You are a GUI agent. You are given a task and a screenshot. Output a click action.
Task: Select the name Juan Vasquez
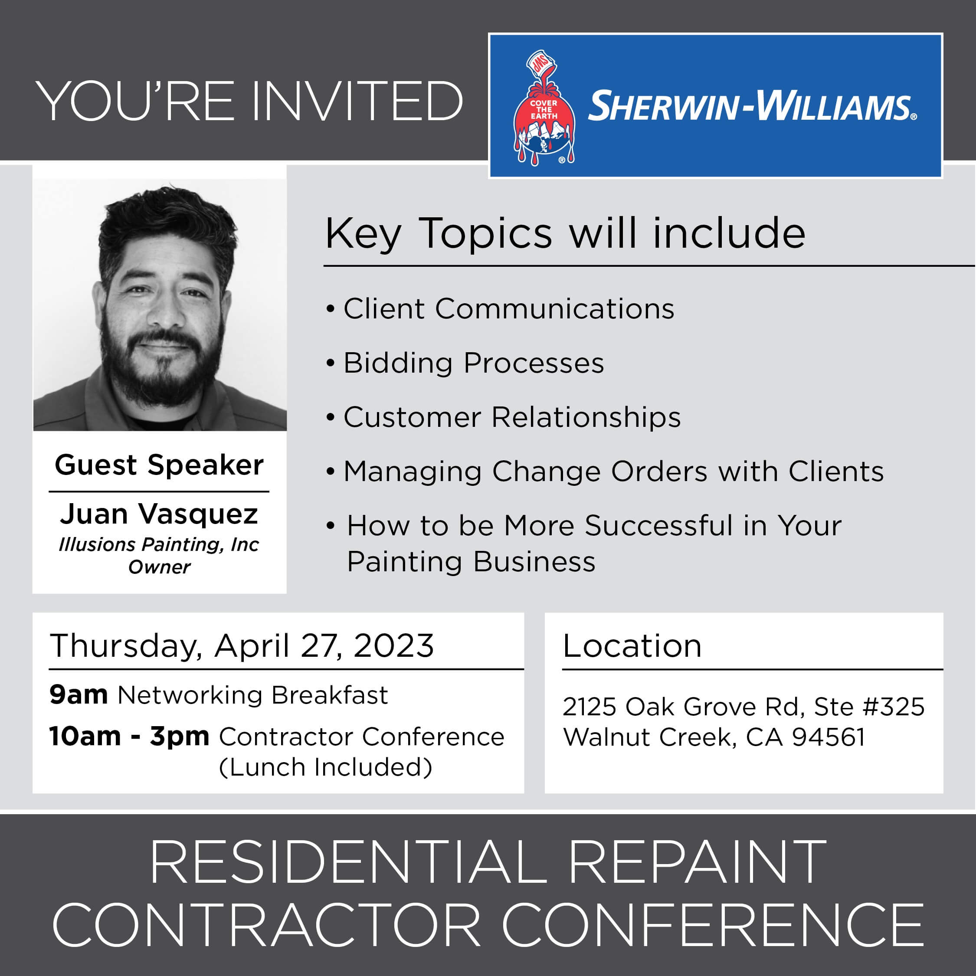(x=159, y=514)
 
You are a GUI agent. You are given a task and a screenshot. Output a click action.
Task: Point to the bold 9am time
(x=79, y=695)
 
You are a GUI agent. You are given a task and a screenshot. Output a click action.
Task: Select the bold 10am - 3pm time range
(x=129, y=737)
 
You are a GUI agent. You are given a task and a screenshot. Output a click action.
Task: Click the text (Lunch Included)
(x=325, y=767)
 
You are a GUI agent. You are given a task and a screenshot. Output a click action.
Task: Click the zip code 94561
(x=828, y=737)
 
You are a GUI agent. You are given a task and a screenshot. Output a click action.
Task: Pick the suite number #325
(x=893, y=706)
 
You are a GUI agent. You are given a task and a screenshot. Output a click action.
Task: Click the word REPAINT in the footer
(x=697, y=862)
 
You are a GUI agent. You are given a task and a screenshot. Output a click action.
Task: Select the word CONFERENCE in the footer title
(x=712, y=924)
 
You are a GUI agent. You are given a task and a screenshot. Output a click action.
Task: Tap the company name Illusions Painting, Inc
(x=159, y=544)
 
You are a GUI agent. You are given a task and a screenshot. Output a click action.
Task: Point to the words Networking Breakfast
(x=252, y=695)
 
